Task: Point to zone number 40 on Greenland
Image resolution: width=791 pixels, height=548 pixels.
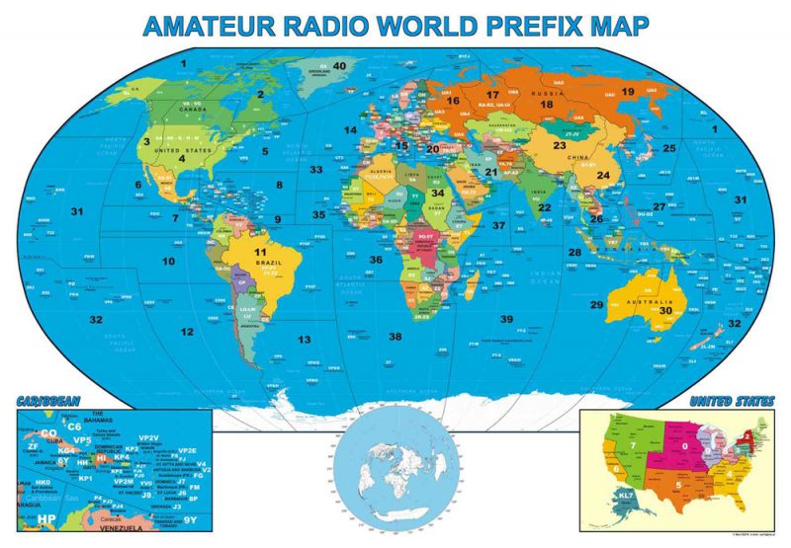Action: click(339, 66)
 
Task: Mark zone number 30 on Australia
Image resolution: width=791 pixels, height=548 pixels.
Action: click(665, 310)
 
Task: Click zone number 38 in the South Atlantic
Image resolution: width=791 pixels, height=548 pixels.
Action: click(395, 337)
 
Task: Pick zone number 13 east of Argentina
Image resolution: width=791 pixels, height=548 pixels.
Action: click(306, 340)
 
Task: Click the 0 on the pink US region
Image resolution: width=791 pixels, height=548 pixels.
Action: click(683, 447)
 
